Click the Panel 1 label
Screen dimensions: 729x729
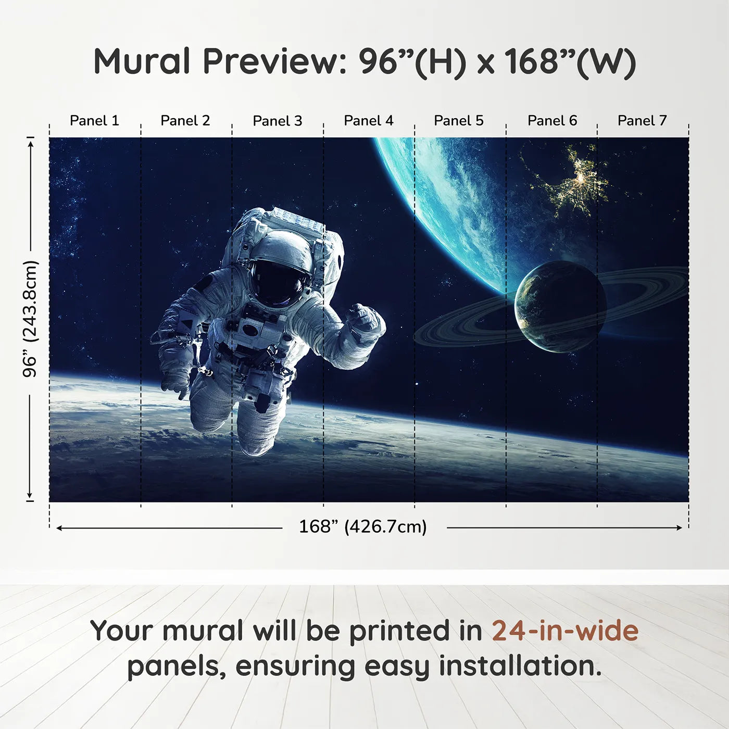(x=94, y=121)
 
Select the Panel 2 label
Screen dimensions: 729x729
(x=185, y=121)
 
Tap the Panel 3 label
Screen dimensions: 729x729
(x=277, y=121)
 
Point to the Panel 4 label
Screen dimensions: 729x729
(x=368, y=121)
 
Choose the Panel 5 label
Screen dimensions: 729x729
(x=458, y=121)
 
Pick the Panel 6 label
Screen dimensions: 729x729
(x=552, y=121)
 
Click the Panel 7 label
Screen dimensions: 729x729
(x=642, y=121)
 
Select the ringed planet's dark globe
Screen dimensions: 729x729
(x=560, y=307)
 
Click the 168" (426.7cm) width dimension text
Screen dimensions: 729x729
(x=362, y=527)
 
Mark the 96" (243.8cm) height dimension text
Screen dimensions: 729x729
(x=30, y=319)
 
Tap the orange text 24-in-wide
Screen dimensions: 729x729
(x=565, y=631)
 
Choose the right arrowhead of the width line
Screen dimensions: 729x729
(x=679, y=527)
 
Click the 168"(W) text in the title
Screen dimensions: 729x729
(x=570, y=61)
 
